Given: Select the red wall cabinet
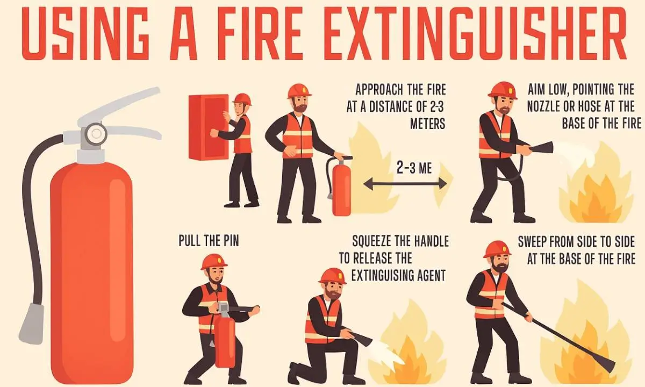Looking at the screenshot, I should (x=208, y=127).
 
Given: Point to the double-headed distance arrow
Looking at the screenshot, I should (x=405, y=184).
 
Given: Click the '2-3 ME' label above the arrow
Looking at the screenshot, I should (x=414, y=168).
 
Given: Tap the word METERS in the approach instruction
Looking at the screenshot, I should (x=428, y=124).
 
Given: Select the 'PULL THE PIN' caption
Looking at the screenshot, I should (x=209, y=240).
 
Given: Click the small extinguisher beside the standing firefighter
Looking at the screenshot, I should (x=341, y=185).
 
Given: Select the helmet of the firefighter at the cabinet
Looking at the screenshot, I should (x=242, y=99).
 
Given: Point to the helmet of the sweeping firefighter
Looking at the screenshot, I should (x=497, y=249).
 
